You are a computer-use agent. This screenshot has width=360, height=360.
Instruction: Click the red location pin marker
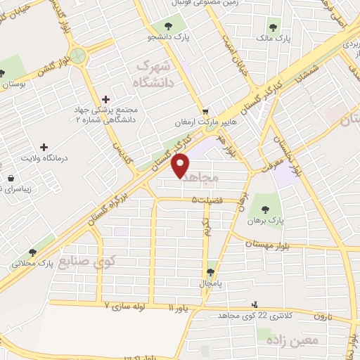[181, 166]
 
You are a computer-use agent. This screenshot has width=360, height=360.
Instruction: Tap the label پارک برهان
[264, 221]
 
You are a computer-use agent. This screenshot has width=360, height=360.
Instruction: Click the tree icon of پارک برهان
[265, 208]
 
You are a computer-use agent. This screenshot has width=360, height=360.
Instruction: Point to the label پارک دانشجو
[174, 37]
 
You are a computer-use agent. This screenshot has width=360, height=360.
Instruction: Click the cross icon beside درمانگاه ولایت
[44, 148]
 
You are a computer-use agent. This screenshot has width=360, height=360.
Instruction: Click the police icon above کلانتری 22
[255, 305]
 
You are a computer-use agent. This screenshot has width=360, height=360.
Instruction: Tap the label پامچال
[210, 283]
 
